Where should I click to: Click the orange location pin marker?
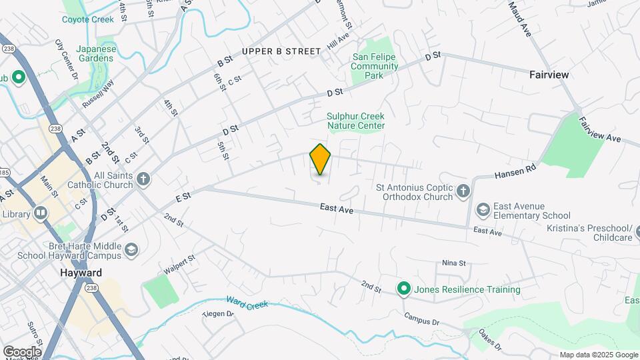pos(320,159)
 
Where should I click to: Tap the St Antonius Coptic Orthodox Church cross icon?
pos(463,193)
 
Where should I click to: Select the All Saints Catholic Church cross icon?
pos(143,179)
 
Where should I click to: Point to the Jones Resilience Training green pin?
pos(403,289)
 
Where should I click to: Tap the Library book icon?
pos(41,214)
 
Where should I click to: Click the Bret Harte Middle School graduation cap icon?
pos(131,251)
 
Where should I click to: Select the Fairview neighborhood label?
pos(549,75)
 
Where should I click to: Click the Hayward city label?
pos(81,273)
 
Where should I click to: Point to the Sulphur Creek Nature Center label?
pos(355,121)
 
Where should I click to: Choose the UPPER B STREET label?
pos(277,51)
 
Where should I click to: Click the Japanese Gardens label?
pos(96,53)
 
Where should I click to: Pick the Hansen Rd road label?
pos(515,173)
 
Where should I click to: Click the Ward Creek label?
pos(247,304)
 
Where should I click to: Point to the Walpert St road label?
pos(179,265)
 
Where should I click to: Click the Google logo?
pos(21,351)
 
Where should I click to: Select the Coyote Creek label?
pos(88,19)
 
